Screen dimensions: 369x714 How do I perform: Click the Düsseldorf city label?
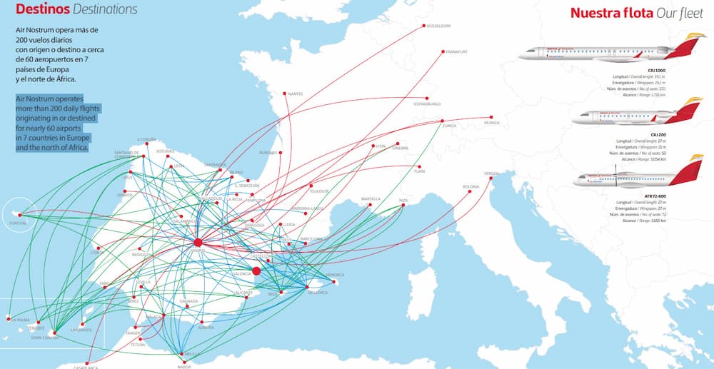tap(438, 26)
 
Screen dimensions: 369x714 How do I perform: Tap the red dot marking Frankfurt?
tap(444, 51)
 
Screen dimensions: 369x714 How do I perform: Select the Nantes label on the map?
tap(296, 93)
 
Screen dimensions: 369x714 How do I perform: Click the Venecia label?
tap(492, 173)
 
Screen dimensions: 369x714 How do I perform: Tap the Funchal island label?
tap(18, 223)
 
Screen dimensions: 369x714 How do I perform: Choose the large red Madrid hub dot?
tap(198, 243)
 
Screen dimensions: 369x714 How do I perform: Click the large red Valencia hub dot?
tap(257, 270)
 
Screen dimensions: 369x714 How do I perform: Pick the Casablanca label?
tap(86, 367)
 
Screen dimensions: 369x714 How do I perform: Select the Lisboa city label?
tap(98, 252)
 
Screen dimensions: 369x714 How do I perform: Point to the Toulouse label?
tap(319, 191)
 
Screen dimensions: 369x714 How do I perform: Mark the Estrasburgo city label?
tap(428, 104)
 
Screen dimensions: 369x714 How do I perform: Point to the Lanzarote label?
tap(81, 330)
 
